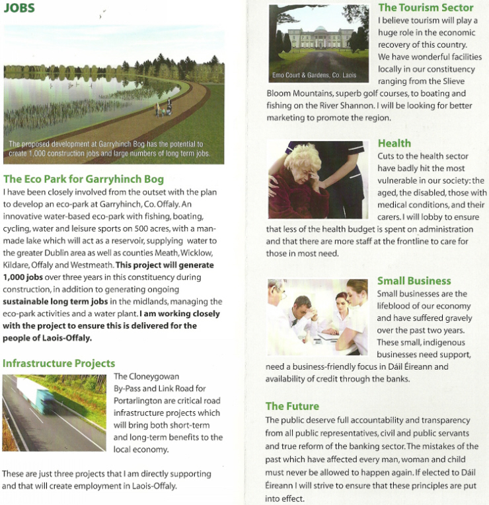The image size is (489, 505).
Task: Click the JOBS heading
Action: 19,9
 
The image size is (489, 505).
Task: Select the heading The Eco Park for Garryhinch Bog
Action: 83,179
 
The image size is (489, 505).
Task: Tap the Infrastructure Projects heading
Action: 59,364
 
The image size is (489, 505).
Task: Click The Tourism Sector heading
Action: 426,8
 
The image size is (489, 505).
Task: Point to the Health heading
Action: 395,143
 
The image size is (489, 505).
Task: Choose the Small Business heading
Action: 414,281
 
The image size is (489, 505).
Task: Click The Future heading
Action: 292,406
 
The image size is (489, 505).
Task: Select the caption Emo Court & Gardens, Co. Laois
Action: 314,75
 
